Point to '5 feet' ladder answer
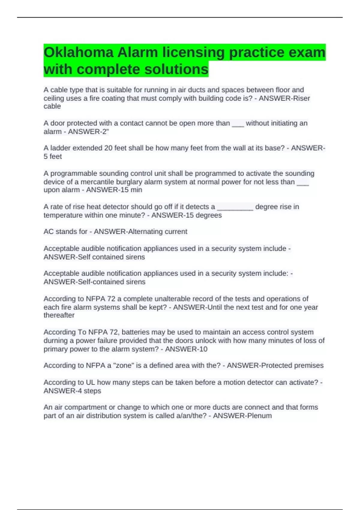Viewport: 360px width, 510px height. click(53, 157)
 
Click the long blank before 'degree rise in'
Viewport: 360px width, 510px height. click(235, 207)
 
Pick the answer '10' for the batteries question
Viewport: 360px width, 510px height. click(203, 349)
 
